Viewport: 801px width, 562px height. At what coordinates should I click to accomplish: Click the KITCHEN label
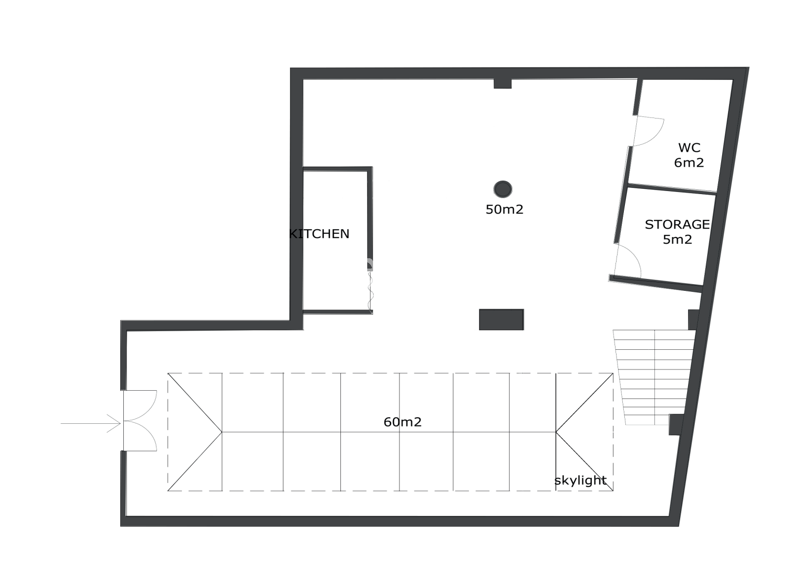(319, 234)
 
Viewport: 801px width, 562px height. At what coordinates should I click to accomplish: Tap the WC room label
(689, 147)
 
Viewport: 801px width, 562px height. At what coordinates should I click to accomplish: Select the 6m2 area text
(689, 163)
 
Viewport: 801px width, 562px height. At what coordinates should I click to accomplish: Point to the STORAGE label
(677, 225)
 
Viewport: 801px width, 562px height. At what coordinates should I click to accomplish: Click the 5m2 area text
(677, 239)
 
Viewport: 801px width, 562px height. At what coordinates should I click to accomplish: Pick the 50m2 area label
(504, 210)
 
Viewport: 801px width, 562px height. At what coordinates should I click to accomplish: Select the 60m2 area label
(402, 422)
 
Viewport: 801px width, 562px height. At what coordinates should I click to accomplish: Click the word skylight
(580, 481)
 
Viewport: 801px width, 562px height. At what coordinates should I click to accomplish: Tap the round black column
(503, 189)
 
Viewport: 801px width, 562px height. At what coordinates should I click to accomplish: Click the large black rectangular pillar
(502, 320)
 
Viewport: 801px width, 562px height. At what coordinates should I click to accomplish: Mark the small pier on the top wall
(503, 83)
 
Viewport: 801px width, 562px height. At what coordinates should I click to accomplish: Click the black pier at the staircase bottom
(676, 424)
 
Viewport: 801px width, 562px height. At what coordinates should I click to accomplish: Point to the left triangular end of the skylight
(195, 432)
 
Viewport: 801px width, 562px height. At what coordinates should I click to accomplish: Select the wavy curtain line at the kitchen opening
(370, 291)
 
